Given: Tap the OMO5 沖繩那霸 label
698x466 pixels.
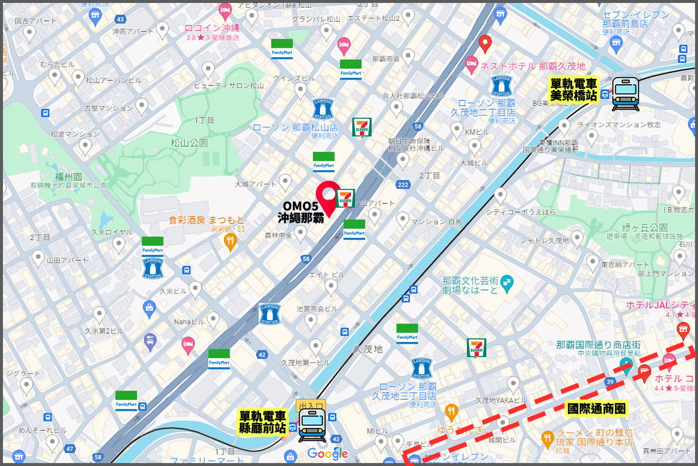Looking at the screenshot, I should [300, 212].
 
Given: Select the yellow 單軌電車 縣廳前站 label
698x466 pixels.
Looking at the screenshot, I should [262, 422].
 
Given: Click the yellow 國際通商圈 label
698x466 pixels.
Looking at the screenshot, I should [596, 408].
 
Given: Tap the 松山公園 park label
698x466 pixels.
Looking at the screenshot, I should [189, 143].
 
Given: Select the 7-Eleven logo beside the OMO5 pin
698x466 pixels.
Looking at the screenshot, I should [345, 199].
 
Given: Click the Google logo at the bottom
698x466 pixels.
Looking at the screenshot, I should [328, 454].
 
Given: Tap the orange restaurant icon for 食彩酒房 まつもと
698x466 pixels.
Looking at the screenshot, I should [231, 241].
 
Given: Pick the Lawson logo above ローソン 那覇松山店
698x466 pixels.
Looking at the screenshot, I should [323, 109].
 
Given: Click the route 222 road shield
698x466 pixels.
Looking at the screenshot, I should [403, 185].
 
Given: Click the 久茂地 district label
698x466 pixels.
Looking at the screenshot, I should [368, 349].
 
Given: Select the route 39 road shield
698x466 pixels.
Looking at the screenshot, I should [610, 383].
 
